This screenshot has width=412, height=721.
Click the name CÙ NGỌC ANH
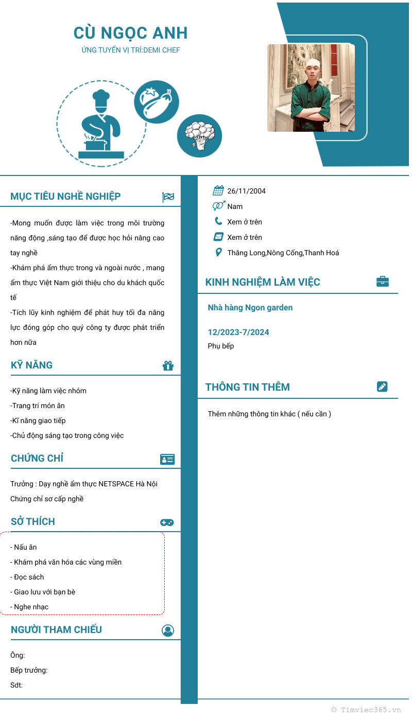click(130, 33)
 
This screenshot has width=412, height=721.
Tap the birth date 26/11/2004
click(246, 191)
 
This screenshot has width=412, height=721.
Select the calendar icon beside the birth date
click(218, 191)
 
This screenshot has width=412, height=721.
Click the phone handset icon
click(218, 221)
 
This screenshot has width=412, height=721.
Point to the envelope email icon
click(218, 237)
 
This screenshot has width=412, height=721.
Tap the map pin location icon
click(218, 252)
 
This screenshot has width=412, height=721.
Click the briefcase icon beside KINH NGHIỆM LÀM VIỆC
click(382, 282)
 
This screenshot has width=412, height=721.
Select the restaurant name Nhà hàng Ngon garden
click(250, 308)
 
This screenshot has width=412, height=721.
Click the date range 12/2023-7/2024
click(238, 332)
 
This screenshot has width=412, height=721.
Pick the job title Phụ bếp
click(221, 346)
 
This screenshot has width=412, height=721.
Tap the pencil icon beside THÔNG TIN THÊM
click(382, 386)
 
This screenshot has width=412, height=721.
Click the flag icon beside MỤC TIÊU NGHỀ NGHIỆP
click(168, 197)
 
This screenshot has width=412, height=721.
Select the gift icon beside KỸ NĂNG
click(168, 365)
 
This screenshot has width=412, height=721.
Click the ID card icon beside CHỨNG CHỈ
click(167, 459)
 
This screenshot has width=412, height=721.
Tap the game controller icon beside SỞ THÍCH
click(167, 522)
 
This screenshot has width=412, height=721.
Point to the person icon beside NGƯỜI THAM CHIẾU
click(168, 630)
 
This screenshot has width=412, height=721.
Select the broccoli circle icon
click(199, 136)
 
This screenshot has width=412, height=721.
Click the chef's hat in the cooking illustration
click(100, 98)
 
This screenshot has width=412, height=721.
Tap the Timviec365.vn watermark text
click(366, 710)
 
